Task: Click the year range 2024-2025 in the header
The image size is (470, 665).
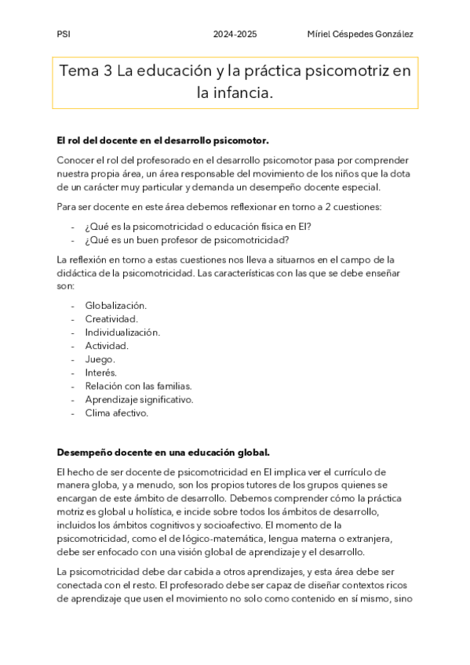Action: pyautogui.click(x=235, y=35)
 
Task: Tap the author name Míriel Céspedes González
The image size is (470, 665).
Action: pyautogui.click(x=360, y=35)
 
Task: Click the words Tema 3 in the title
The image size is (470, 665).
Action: pyautogui.click(x=86, y=72)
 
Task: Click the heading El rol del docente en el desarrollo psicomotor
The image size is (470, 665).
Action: pyautogui.click(x=162, y=140)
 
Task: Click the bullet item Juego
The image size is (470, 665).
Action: pyautogui.click(x=100, y=359)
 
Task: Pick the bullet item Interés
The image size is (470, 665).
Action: pyautogui.click(x=101, y=372)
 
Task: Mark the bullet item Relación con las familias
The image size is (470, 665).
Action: pyautogui.click(x=138, y=386)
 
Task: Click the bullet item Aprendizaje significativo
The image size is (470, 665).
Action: pyautogui.click(x=139, y=399)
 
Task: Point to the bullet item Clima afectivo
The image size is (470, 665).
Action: pyautogui.click(x=116, y=412)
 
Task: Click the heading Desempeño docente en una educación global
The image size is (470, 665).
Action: pyautogui.click(x=163, y=452)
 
